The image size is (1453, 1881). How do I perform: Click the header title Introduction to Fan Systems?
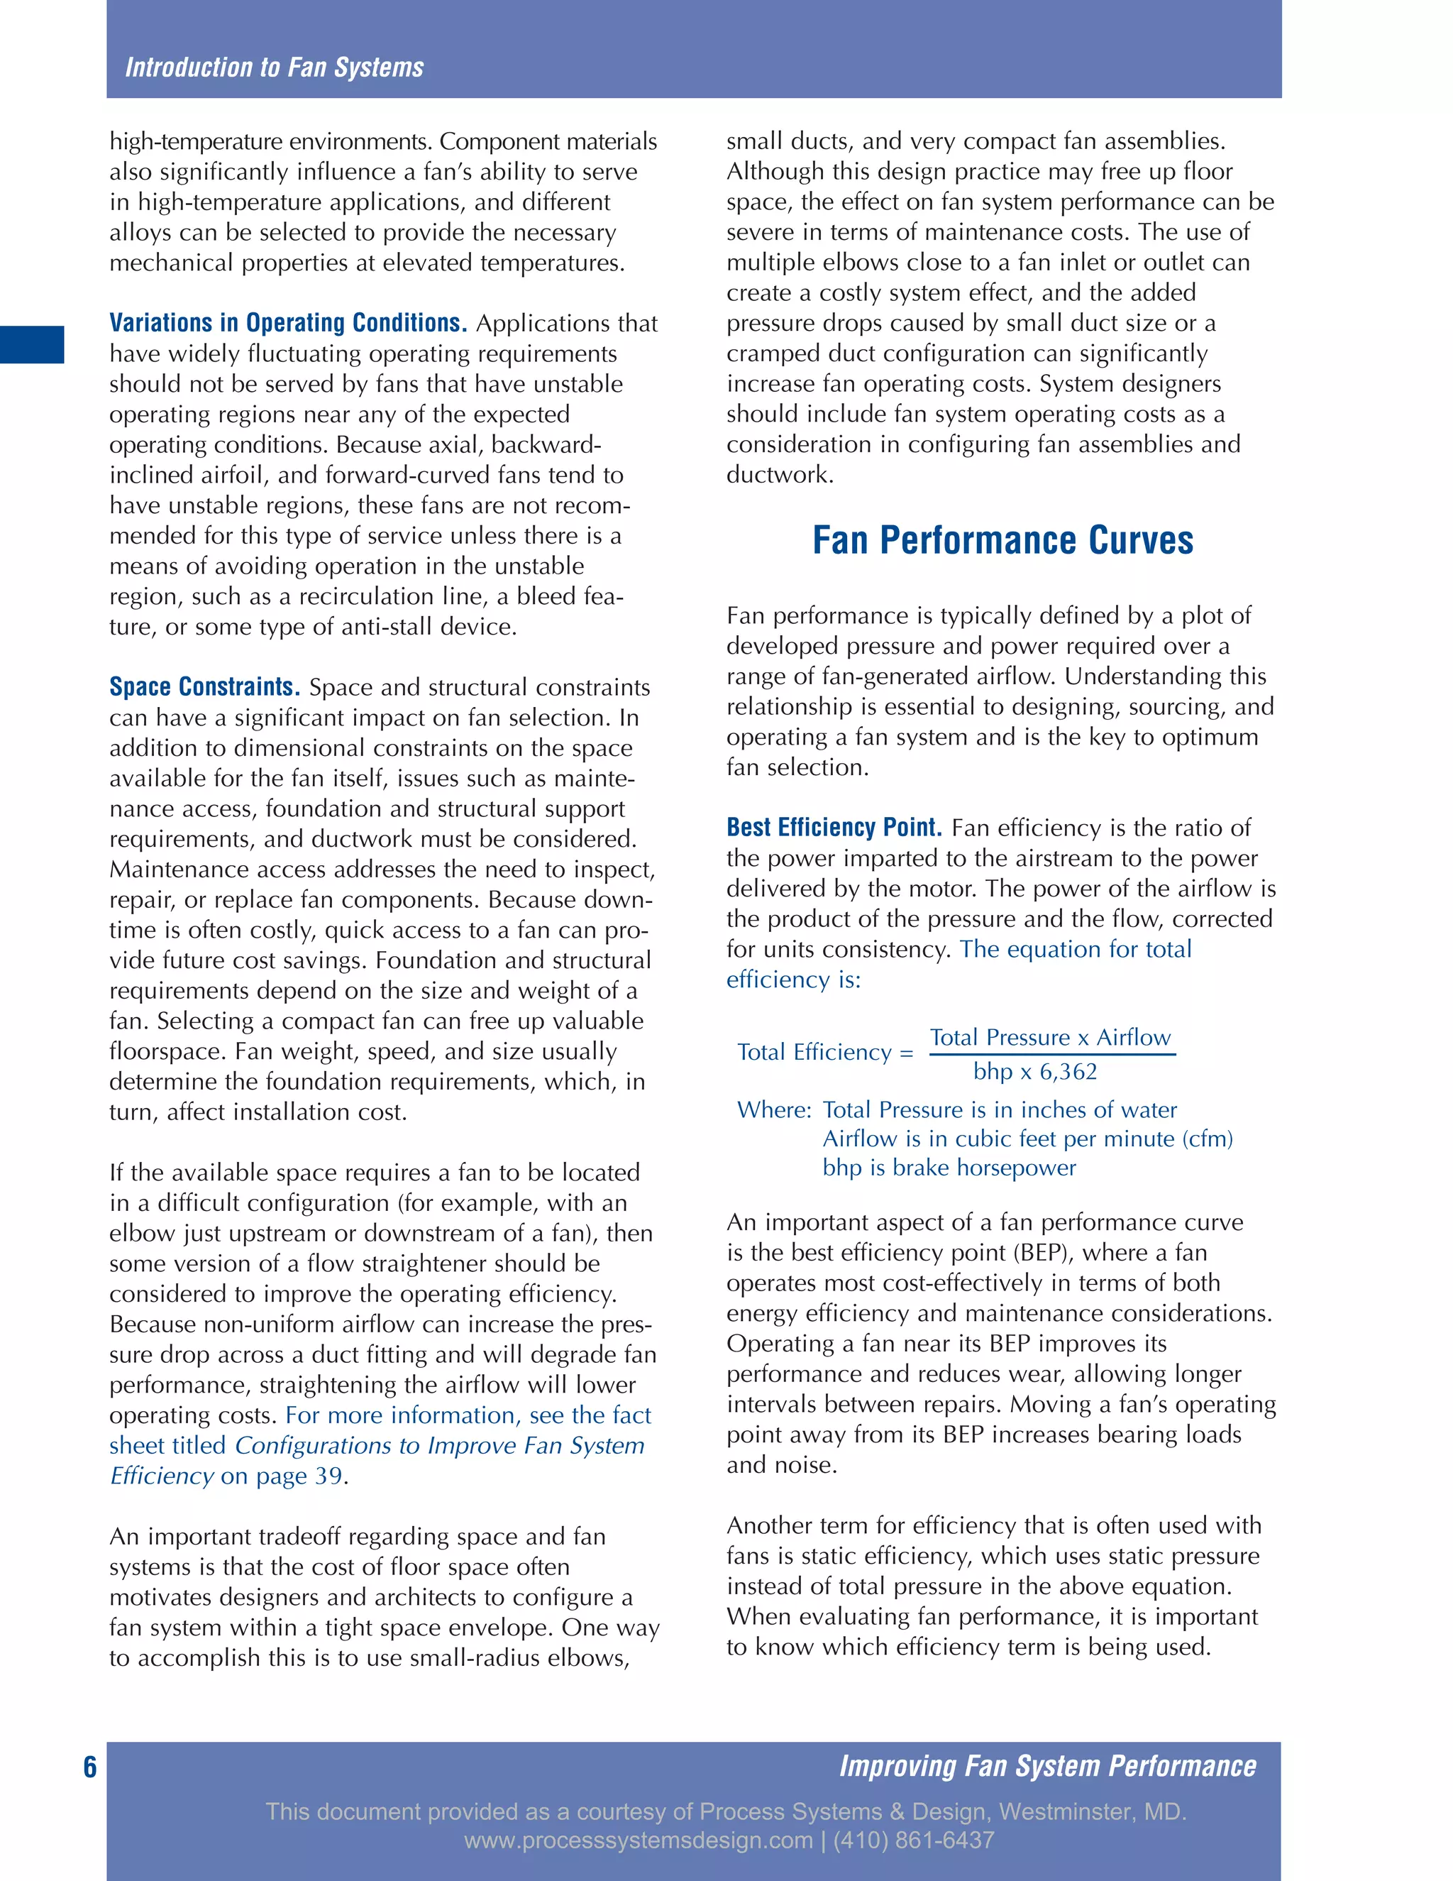[274, 67]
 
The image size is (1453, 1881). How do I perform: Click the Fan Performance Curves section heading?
[1002, 540]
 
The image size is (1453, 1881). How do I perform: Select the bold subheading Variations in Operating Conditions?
[287, 323]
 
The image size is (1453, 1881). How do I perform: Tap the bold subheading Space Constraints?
[204, 687]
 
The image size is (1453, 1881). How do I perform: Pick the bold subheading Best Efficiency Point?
[833, 828]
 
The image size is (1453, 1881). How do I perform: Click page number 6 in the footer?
[89, 1767]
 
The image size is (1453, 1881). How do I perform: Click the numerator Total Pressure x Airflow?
[1050, 1038]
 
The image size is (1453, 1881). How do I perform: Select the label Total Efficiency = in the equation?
[824, 1053]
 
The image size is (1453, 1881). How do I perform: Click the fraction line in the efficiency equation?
[1052, 1054]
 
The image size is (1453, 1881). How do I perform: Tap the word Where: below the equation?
[774, 1110]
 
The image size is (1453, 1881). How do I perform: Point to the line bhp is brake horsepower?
[949, 1169]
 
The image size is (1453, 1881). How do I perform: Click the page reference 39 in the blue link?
[328, 1476]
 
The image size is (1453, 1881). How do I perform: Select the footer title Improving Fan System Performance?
[1046, 1767]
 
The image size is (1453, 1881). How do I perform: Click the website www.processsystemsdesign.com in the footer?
[638, 1841]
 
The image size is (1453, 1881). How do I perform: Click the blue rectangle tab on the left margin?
[32, 344]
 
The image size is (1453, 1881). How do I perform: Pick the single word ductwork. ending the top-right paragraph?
[779, 476]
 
